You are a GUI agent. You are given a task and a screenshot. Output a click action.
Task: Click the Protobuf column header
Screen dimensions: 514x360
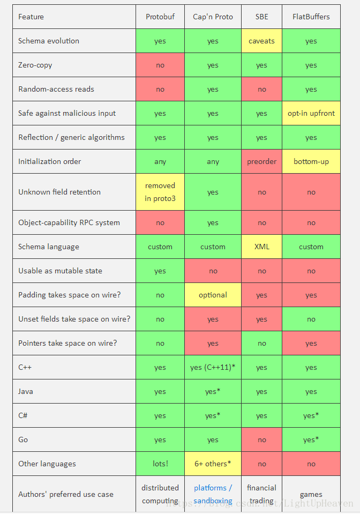[160, 17]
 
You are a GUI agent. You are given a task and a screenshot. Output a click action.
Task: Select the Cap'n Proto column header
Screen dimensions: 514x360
[213, 17]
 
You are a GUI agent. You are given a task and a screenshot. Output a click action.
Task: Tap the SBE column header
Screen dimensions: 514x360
[261, 17]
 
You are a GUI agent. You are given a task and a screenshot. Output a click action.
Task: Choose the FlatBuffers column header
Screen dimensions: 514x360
[311, 17]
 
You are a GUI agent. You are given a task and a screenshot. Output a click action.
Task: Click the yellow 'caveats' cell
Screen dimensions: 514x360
[261, 41]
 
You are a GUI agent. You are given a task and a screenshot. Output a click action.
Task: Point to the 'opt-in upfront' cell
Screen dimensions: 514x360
[311, 113]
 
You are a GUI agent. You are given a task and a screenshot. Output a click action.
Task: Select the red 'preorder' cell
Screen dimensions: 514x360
[261, 161]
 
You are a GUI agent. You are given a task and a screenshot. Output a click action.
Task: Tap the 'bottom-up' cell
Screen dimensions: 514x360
[311, 161]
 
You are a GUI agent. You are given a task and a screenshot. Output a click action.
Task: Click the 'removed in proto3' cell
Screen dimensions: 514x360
[160, 192]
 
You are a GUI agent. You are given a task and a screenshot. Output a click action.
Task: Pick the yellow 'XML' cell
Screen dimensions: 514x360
[261, 247]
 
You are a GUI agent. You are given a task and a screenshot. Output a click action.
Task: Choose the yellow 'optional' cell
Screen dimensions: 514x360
[213, 295]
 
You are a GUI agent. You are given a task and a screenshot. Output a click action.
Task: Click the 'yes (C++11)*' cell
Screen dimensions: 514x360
[213, 367]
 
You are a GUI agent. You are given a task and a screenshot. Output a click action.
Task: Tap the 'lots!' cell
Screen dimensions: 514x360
[160, 464]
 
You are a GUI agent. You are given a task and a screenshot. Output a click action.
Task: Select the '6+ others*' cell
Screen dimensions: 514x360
[213, 464]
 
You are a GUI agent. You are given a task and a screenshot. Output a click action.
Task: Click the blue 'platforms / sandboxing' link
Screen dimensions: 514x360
[213, 494]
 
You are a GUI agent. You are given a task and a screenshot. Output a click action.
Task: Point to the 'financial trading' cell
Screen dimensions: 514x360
[261, 494]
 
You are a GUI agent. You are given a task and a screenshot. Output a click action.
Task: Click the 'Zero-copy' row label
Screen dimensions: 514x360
[35, 65]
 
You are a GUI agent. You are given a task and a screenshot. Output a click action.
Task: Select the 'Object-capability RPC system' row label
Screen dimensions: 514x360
[69, 222]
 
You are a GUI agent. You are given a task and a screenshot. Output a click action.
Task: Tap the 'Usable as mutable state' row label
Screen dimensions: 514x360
[60, 271]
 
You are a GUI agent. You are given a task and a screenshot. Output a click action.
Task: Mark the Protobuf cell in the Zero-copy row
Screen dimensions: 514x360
[160, 65]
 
